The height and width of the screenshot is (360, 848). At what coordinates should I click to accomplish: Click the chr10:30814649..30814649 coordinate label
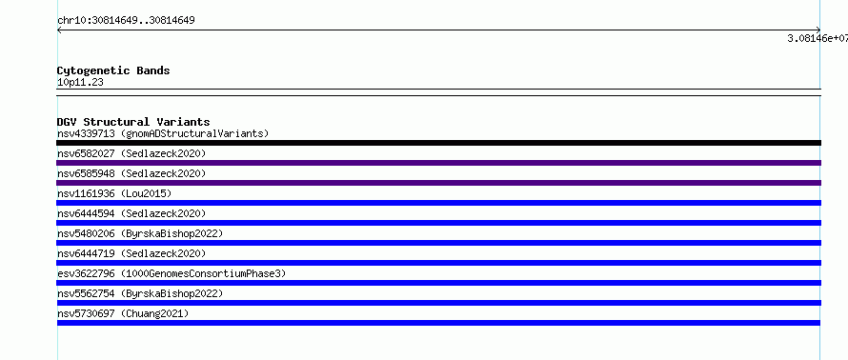(x=126, y=21)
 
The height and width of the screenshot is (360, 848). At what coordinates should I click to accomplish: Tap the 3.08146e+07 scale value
(x=818, y=38)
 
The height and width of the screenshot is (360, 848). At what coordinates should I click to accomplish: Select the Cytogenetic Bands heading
(x=113, y=70)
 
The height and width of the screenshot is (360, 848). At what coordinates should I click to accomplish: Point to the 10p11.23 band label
(x=80, y=83)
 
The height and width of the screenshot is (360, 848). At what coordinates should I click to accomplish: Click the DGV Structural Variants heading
(x=133, y=122)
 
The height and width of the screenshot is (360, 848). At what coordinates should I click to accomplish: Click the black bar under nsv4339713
(x=438, y=143)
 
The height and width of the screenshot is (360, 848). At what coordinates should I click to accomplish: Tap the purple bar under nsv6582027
(x=438, y=163)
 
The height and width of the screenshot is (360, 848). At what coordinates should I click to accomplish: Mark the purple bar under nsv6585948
(x=438, y=183)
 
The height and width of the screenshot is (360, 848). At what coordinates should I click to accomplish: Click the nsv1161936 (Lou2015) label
(x=114, y=193)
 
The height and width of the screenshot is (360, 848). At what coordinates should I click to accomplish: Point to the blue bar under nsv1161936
(x=438, y=203)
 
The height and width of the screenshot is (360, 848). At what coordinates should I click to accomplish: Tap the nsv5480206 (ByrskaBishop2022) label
(x=140, y=233)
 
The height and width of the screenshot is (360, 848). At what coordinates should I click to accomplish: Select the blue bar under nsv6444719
(x=438, y=263)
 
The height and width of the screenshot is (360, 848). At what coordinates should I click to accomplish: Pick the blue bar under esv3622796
(x=438, y=283)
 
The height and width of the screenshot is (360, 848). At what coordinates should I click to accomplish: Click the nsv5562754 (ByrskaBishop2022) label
(x=140, y=293)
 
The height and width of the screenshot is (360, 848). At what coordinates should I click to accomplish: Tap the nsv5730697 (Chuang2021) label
(x=123, y=313)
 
